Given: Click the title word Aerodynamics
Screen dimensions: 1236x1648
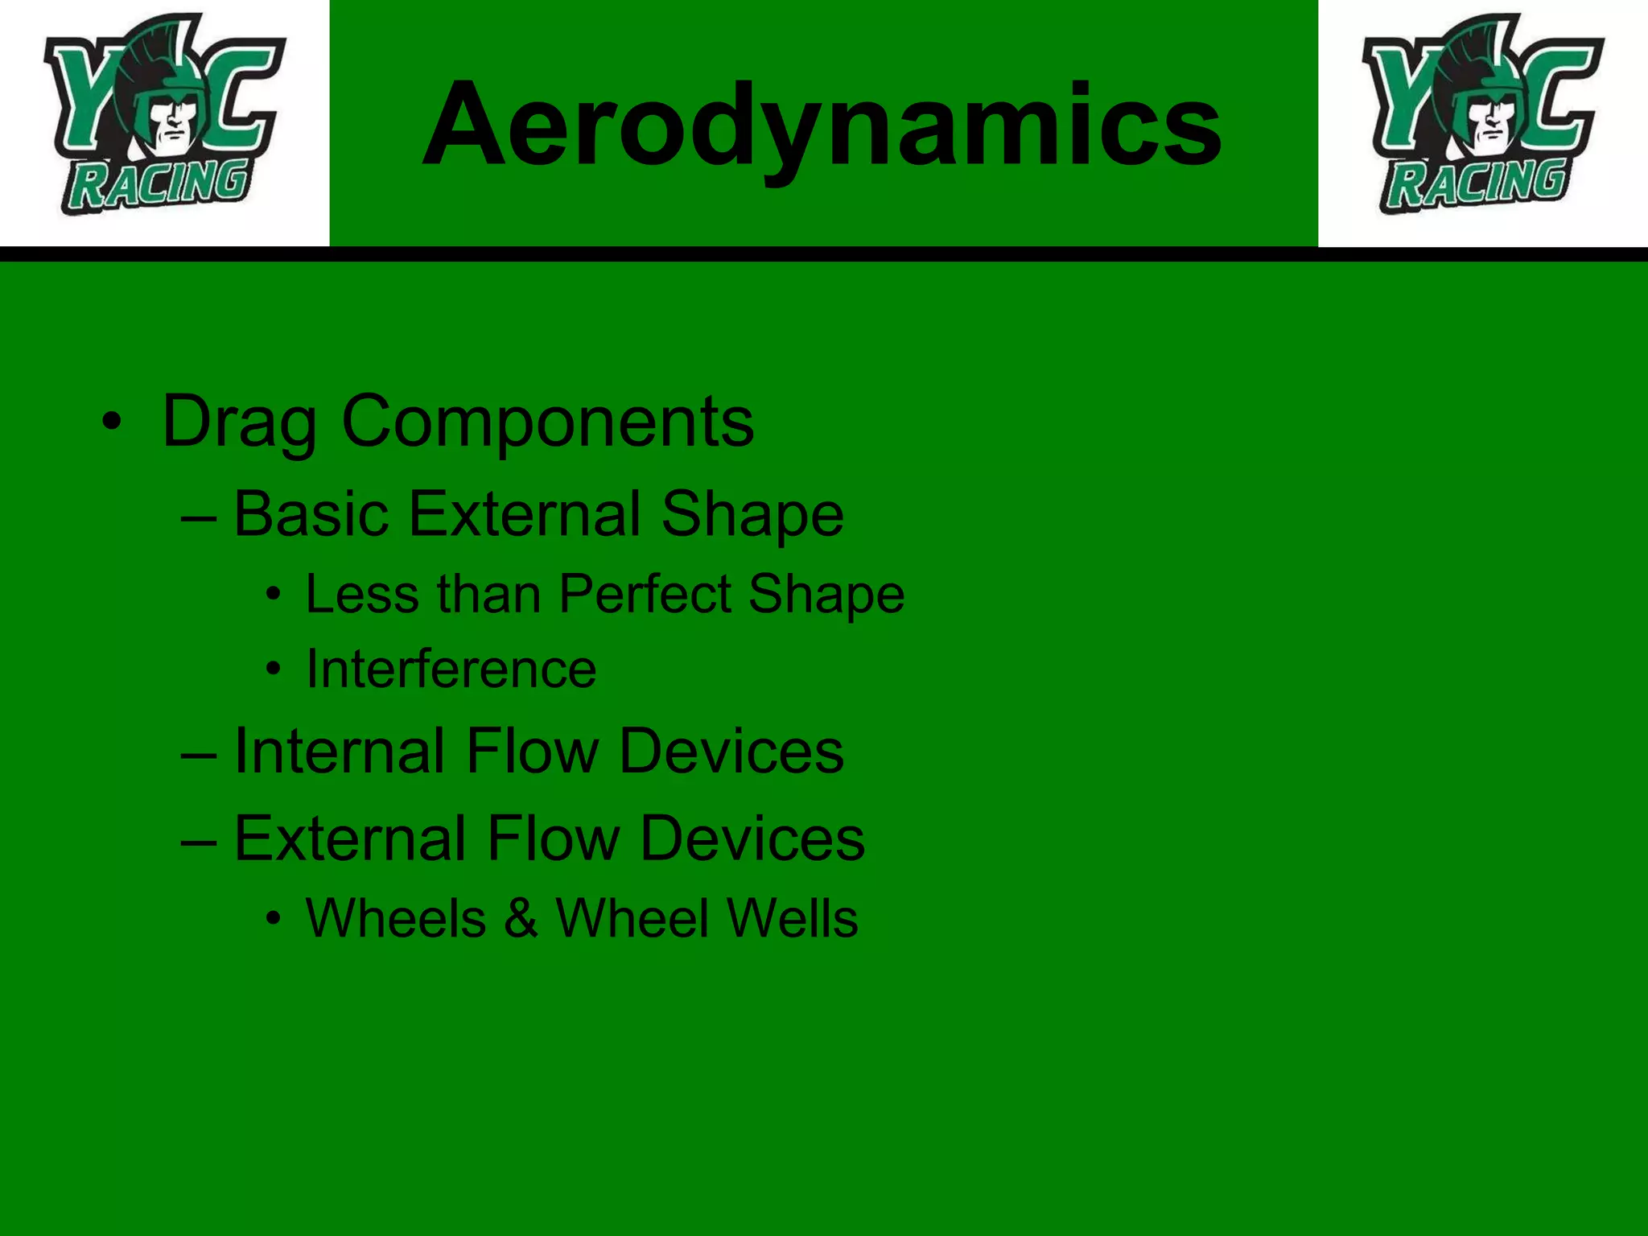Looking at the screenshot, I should [822, 125].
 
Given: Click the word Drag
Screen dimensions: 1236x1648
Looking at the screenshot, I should [240, 422].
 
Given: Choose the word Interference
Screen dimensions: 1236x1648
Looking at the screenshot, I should [451, 669].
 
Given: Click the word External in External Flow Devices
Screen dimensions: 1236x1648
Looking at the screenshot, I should [350, 838].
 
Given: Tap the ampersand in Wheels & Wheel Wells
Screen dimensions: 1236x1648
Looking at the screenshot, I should [521, 918].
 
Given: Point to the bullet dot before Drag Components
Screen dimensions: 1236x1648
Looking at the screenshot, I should [112, 421].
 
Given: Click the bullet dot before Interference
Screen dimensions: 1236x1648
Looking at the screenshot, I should [274, 669].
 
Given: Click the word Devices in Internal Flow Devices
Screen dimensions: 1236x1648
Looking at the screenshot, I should [731, 751].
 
